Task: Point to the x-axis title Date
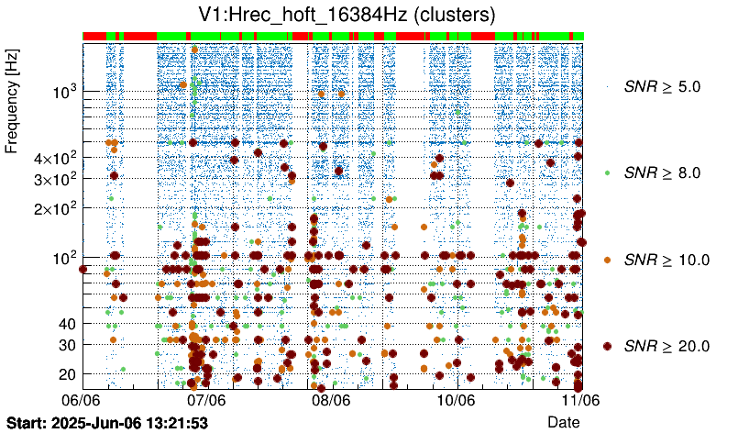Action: pos(563,421)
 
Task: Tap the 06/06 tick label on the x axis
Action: pos(81,400)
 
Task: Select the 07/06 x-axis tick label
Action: pos(206,400)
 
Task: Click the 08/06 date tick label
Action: pos(331,400)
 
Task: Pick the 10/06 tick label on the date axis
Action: pos(456,400)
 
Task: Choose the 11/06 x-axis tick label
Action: pos(580,400)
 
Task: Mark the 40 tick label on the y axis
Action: pos(66,324)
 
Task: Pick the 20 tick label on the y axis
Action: pos(66,374)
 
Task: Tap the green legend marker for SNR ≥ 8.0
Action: pos(607,172)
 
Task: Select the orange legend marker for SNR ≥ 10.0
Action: pos(607,260)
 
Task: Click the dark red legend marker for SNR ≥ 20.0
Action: pos(607,346)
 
